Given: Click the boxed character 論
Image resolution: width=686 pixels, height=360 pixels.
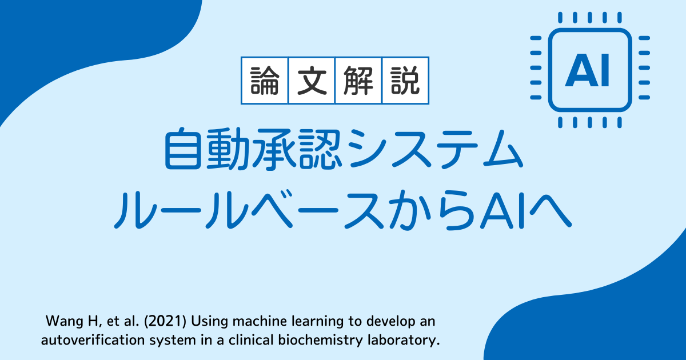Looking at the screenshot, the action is [265, 81].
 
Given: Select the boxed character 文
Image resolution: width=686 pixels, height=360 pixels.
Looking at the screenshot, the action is [312, 81].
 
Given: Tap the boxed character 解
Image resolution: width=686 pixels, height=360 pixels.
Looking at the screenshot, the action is [358, 81].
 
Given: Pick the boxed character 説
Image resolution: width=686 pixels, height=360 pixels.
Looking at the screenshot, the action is [405, 81].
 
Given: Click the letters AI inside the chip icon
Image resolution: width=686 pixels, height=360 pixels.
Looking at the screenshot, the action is [587, 70].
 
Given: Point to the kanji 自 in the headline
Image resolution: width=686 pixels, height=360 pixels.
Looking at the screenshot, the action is [183, 149].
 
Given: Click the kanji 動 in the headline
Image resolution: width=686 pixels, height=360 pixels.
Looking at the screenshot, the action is [228, 149].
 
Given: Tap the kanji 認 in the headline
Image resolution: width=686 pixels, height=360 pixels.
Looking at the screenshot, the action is [320, 149].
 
